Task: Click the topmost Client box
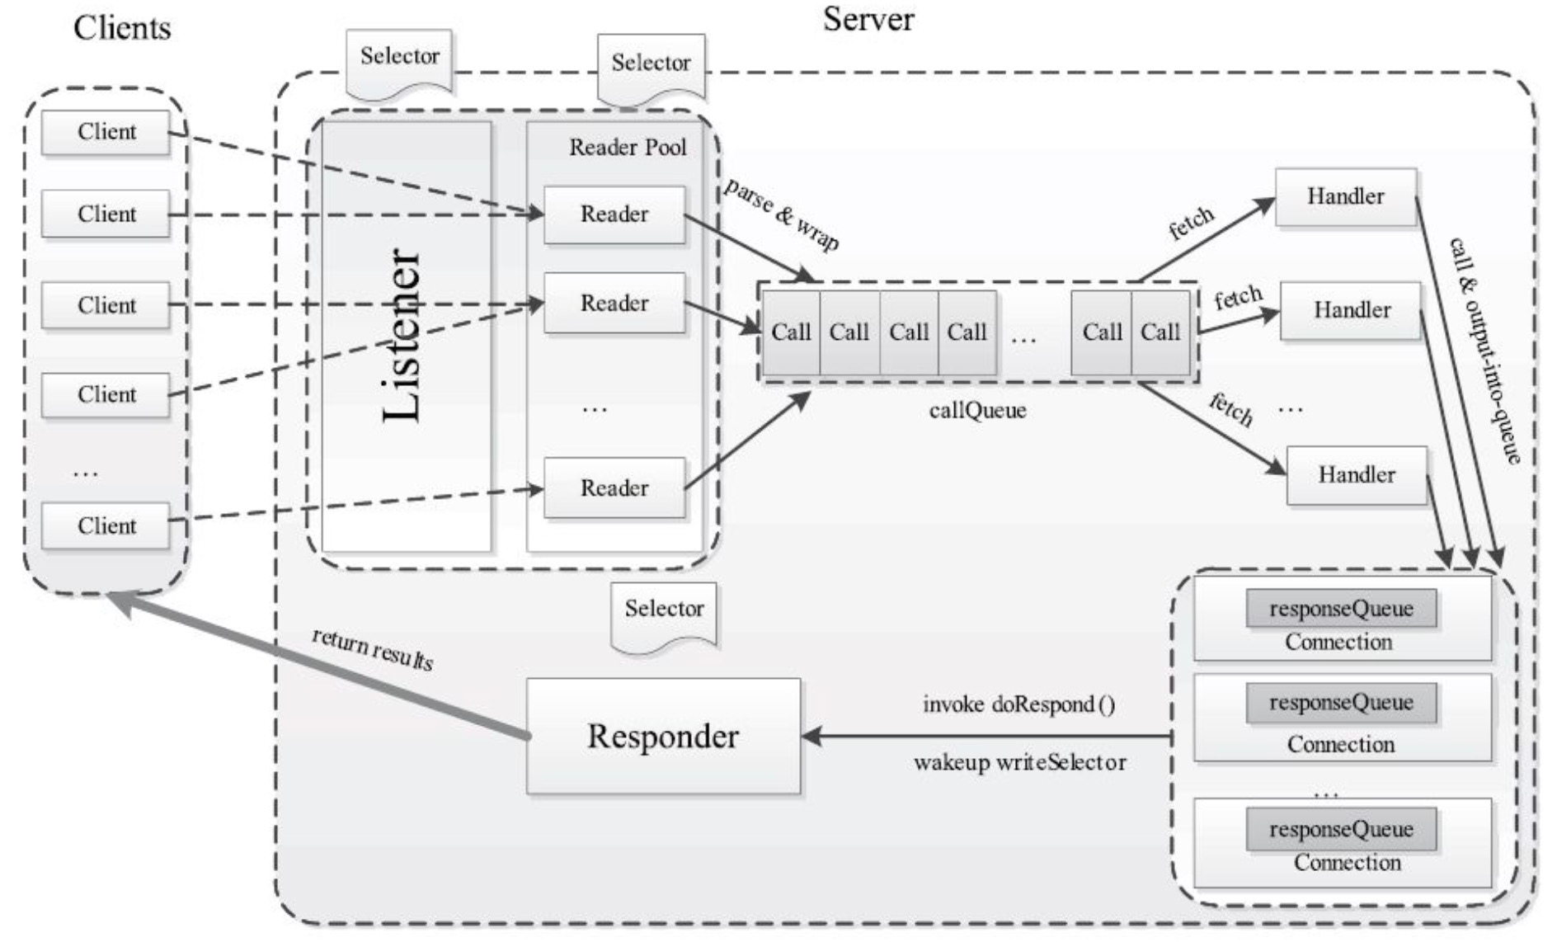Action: coord(106,132)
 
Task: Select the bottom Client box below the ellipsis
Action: coord(106,526)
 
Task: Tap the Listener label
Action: coord(403,336)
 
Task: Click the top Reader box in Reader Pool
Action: coord(614,214)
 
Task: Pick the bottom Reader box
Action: coord(614,488)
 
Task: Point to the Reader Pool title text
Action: coord(628,147)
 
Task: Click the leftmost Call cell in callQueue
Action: coord(791,332)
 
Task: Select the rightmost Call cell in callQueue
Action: coord(1161,332)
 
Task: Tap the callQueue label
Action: coord(978,410)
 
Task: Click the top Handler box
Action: coord(1346,197)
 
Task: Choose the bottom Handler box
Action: coord(1357,475)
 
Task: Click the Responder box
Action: coord(664,736)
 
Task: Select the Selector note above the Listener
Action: coord(400,63)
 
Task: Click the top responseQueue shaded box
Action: coord(1342,609)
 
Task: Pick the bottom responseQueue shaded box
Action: coord(1342,829)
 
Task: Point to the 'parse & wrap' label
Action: coord(782,214)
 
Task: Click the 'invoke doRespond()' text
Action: coord(1019,704)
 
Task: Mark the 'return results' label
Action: coord(373,649)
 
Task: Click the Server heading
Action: coord(868,20)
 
